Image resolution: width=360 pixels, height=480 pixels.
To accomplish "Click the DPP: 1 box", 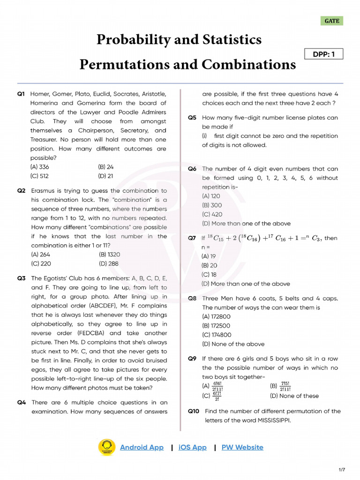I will (x=323, y=54).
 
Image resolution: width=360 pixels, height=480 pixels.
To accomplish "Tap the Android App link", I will (x=142, y=447).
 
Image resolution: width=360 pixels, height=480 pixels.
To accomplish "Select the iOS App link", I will (x=192, y=447).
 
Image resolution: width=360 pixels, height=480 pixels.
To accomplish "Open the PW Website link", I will (x=242, y=447).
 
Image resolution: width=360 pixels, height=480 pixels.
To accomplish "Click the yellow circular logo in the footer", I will (x=106, y=447).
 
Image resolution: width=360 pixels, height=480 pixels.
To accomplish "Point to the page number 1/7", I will (x=341, y=469).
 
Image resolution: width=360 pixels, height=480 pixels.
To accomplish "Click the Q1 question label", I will (x=21, y=94).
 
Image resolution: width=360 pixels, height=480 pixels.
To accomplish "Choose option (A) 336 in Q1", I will (x=40, y=167).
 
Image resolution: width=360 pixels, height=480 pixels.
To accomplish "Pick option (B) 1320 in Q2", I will (x=109, y=255).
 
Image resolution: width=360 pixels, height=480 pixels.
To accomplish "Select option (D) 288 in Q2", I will (x=108, y=263).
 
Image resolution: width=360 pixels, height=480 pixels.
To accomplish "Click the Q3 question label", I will (x=21, y=278).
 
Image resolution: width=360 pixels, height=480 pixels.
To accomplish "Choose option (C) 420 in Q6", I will (x=212, y=214).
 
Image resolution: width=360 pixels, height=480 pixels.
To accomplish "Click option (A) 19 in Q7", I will (x=209, y=256).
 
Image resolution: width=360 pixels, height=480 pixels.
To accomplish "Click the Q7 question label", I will (x=192, y=238).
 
